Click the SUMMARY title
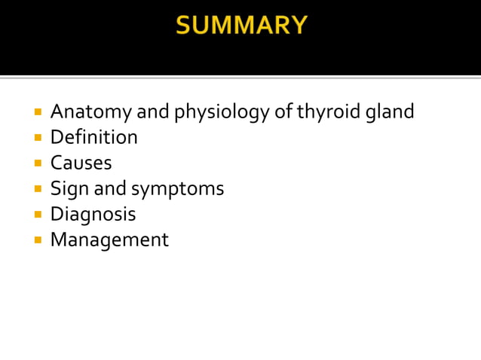click(240, 26)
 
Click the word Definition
click(93, 138)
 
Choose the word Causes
click(81, 163)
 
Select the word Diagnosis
click(93, 215)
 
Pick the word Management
click(109, 240)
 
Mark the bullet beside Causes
click(37, 163)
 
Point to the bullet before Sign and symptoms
click(37, 189)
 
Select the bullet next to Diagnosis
click(37, 215)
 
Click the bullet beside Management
click(37, 240)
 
